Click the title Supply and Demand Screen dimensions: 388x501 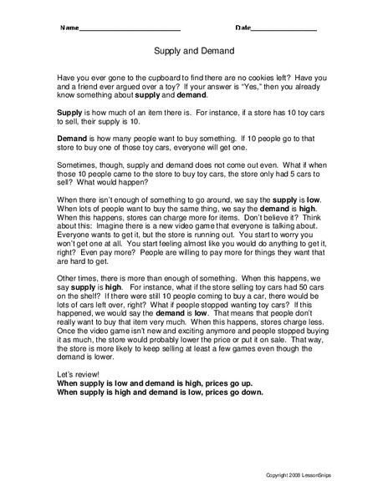pos(194,50)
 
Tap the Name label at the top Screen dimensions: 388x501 pos(67,28)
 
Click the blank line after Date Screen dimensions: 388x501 pos(284,29)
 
